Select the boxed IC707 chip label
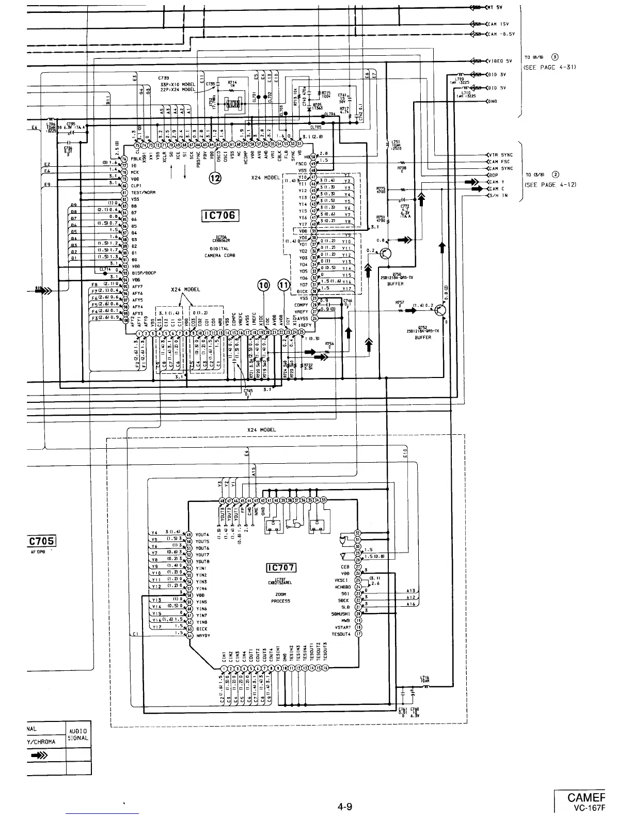280,568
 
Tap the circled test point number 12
214,179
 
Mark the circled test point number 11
283,287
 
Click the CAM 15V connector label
500,24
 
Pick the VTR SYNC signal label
501,155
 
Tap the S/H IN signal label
498,196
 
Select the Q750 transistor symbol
385,254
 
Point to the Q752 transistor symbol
440,311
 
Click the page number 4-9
344,806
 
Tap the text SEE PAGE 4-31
549,67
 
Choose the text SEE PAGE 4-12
549,184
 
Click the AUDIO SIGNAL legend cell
78,734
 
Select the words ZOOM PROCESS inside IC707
281,597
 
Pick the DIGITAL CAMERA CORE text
219,252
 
